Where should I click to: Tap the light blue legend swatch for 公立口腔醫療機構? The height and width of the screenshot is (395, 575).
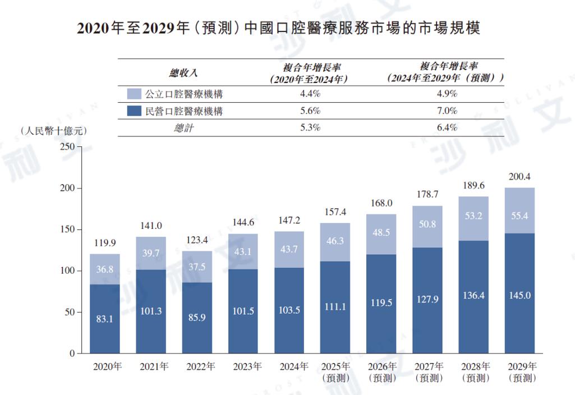[x=134, y=94]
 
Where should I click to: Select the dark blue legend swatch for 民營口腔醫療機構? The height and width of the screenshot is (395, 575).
[x=134, y=111]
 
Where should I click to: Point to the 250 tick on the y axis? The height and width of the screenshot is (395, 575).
[x=67, y=146]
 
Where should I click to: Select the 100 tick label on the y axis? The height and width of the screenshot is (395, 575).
[x=67, y=271]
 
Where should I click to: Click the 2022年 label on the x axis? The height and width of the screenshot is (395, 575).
[x=196, y=367]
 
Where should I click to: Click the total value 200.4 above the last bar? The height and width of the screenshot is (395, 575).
[x=519, y=177]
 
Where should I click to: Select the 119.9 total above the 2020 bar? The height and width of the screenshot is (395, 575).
[x=104, y=244]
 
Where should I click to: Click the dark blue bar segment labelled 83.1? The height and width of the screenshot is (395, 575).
[x=104, y=319]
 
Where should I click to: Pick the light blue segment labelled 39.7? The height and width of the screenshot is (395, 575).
[x=150, y=253]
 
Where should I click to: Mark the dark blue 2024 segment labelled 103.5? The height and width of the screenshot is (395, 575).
[x=289, y=310]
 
